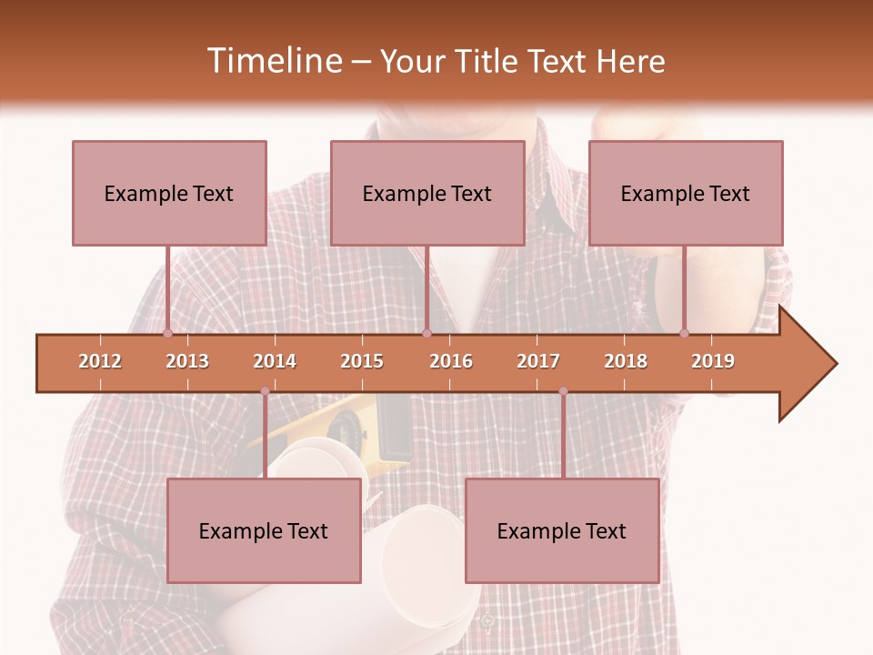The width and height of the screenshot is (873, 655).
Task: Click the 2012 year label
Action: (x=100, y=361)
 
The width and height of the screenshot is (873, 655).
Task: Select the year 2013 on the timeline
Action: (x=187, y=361)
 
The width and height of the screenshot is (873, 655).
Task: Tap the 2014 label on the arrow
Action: (x=275, y=361)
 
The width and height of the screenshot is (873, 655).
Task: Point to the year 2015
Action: (x=362, y=361)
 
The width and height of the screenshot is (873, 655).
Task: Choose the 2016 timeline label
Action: (x=451, y=361)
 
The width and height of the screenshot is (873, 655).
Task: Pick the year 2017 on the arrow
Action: (x=538, y=361)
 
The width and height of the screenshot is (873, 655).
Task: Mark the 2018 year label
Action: (x=626, y=361)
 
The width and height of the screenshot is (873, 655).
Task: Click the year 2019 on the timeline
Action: (x=713, y=361)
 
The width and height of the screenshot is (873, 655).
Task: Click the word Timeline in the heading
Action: (x=272, y=61)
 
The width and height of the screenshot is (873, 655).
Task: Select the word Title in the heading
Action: (x=482, y=61)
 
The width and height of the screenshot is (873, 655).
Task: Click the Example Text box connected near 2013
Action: (x=169, y=193)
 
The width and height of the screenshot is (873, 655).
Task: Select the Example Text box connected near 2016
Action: (x=427, y=193)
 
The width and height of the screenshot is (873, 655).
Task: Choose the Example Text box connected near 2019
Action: (x=686, y=193)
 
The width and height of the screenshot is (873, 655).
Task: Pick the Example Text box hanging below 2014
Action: (x=264, y=530)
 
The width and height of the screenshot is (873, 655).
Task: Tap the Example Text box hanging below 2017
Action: (x=562, y=530)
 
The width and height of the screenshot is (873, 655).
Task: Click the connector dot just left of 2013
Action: (x=167, y=333)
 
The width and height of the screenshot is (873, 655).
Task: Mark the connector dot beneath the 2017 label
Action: (x=563, y=391)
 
